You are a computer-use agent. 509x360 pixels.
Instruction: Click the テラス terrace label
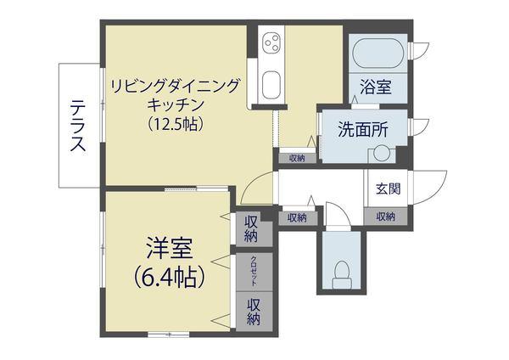79,126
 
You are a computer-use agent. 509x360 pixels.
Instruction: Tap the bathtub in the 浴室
378,53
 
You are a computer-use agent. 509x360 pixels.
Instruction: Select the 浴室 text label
376,87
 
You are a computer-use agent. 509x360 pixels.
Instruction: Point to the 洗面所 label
363,129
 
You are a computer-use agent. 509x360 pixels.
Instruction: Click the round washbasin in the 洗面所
381,154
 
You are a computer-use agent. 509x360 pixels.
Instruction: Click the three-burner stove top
271,42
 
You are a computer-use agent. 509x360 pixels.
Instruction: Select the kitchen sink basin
271,84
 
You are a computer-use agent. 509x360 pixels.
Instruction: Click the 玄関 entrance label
389,188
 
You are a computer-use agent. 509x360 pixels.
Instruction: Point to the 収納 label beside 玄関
386,217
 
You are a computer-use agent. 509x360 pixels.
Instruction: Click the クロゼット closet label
254,271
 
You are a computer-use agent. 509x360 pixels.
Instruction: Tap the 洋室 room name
170,248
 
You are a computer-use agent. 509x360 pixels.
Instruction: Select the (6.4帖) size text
169,278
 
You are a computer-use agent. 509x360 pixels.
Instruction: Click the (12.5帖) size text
176,123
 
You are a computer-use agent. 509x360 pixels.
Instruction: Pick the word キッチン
176,104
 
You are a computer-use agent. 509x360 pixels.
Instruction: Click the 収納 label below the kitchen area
297,159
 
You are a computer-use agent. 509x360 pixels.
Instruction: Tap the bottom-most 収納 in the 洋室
254,312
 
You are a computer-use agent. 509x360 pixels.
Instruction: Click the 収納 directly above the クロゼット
251,230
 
